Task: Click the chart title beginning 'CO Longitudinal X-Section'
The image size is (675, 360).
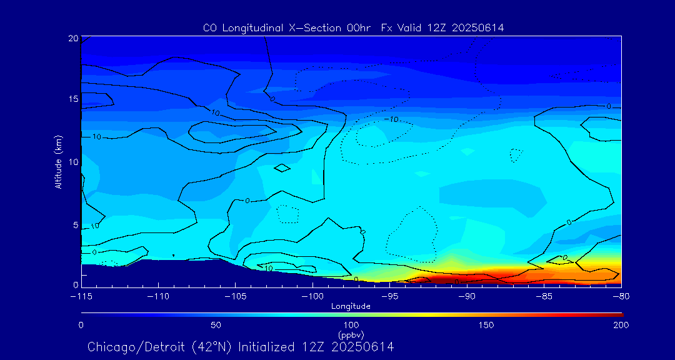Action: click(x=354, y=28)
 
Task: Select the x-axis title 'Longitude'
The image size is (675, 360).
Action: click(x=351, y=306)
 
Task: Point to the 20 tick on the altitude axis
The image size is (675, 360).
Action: click(x=74, y=39)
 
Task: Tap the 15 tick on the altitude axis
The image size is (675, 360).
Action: click(x=74, y=99)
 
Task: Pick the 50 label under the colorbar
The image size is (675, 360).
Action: click(x=216, y=325)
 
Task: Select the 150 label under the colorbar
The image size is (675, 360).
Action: click(x=486, y=325)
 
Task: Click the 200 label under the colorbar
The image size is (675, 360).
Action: click(x=621, y=325)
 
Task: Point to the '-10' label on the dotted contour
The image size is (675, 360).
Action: click(x=391, y=119)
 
